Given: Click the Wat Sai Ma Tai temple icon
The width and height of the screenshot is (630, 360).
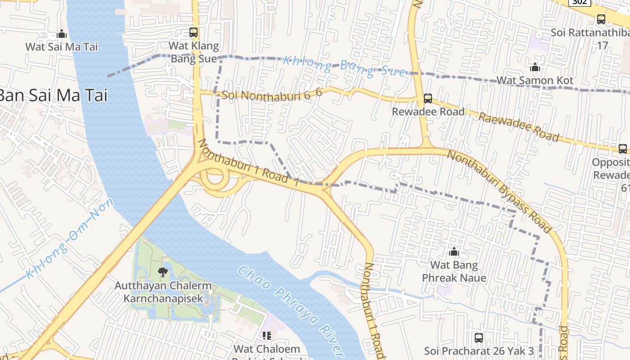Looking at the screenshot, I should (x=62, y=34).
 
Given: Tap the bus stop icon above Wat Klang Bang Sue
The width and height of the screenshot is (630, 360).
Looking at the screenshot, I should (x=193, y=32).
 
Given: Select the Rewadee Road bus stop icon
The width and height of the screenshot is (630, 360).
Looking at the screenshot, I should (x=427, y=98).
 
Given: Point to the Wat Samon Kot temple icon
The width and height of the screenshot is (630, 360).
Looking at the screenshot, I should (x=535, y=67).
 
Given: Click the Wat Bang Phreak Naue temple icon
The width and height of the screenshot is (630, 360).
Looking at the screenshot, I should (x=454, y=252).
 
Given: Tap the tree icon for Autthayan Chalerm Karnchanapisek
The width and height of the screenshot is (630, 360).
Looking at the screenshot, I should (x=162, y=272).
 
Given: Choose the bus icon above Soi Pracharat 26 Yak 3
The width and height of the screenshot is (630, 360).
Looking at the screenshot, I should (x=479, y=337).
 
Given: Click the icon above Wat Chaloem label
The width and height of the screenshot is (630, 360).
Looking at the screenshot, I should (x=266, y=335).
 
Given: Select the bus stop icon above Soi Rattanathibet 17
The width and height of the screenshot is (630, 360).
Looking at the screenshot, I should (x=601, y=19).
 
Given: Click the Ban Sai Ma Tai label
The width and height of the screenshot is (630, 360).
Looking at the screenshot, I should (x=53, y=95).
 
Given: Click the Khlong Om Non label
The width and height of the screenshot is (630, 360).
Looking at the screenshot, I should (x=70, y=239).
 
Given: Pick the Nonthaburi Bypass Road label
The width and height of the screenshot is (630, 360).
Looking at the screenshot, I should (x=499, y=191).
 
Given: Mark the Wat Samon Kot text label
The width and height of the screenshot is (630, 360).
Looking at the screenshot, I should (x=535, y=81).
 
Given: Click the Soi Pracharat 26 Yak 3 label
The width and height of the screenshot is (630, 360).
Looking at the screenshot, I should (x=479, y=351).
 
